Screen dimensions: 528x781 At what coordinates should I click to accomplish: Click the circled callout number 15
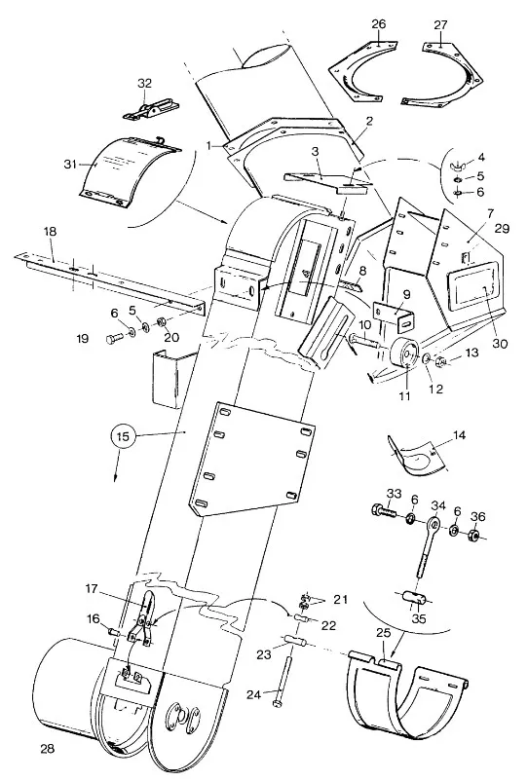[x=123, y=437]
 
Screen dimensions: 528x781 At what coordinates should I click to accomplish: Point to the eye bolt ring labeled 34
[x=434, y=524]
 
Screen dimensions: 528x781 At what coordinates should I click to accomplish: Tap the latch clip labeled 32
[x=151, y=110]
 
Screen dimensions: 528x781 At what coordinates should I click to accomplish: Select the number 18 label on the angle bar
[x=50, y=232]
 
